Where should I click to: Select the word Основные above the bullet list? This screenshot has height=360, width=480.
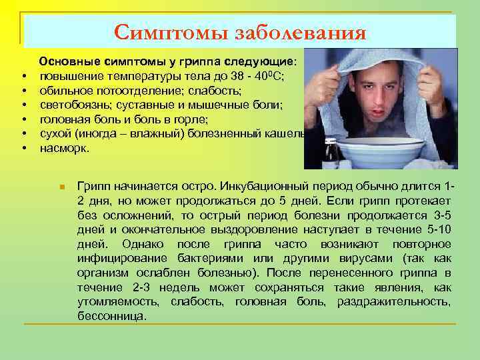point(69,62)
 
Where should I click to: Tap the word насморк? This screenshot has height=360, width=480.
point(64,149)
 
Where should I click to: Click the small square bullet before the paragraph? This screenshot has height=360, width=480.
point(61,185)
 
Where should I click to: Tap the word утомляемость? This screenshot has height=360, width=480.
point(118,302)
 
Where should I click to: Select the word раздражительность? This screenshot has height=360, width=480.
point(393,302)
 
